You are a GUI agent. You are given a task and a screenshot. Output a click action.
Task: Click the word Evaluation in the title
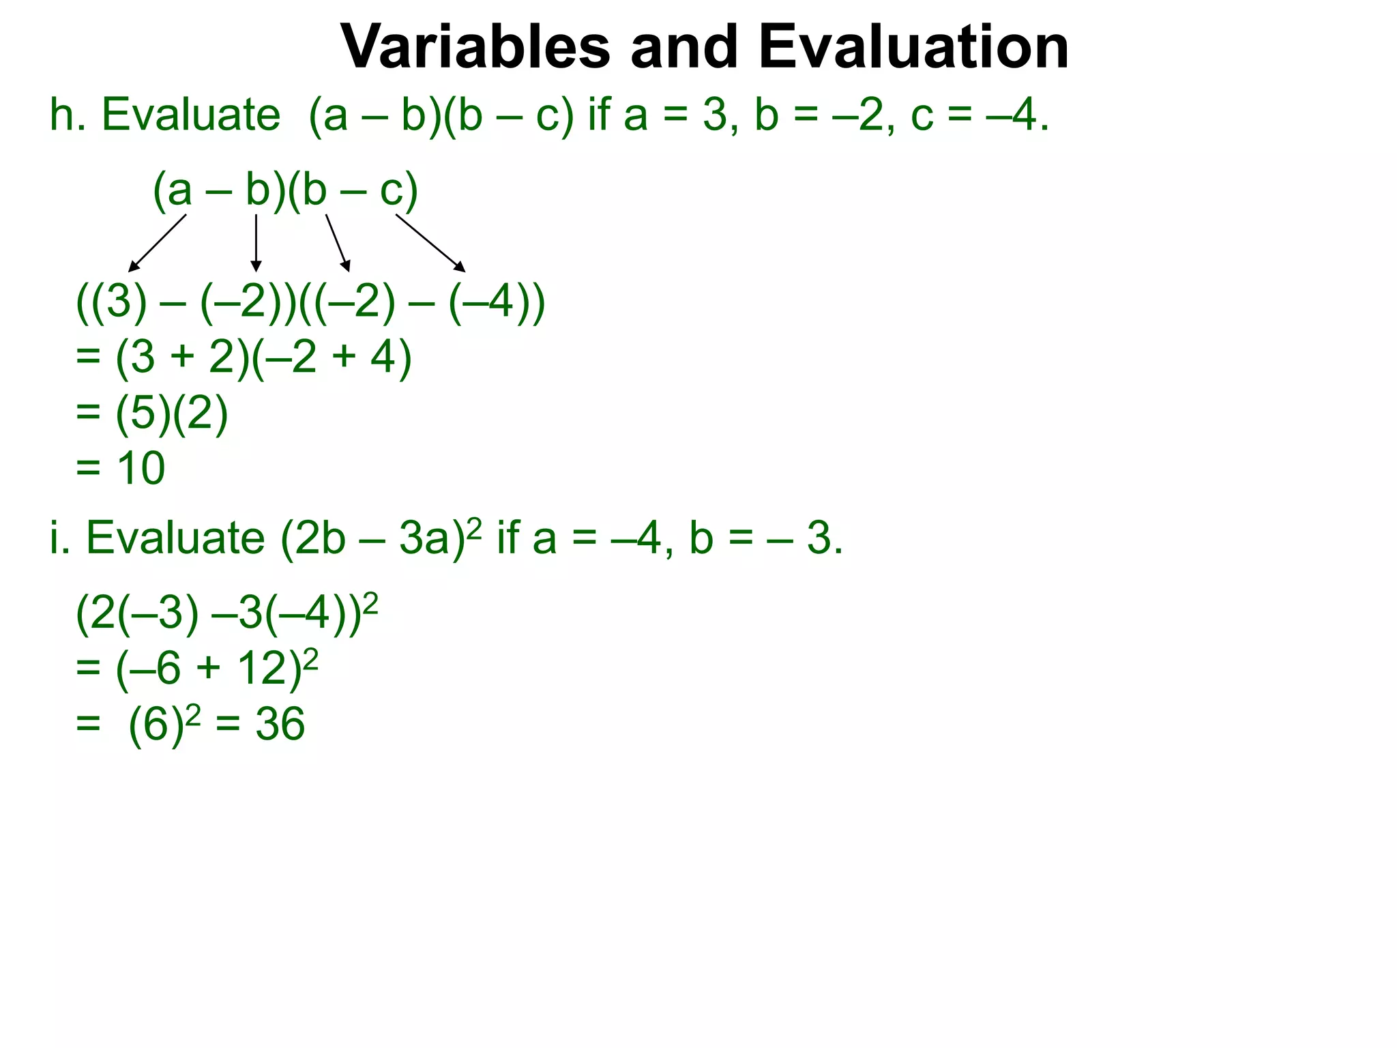click(913, 48)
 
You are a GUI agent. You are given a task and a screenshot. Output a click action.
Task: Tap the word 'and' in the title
click(684, 48)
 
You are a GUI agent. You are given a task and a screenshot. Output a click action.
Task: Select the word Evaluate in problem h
click(191, 115)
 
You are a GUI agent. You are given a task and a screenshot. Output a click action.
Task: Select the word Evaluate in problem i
click(175, 538)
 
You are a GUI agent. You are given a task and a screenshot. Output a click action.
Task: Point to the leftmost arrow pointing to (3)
click(158, 243)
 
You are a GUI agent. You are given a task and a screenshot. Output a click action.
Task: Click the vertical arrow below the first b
click(256, 243)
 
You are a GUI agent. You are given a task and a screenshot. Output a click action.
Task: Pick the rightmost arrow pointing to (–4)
click(430, 243)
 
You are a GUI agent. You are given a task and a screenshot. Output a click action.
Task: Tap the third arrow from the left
click(338, 243)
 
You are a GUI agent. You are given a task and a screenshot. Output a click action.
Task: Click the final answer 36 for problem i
click(280, 724)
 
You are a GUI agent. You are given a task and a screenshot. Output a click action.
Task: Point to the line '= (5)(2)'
click(151, 413)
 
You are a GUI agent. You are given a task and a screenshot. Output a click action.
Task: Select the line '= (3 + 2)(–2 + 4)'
click(244, 357)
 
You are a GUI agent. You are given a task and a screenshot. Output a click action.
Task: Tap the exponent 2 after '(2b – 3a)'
click(475, 525)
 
